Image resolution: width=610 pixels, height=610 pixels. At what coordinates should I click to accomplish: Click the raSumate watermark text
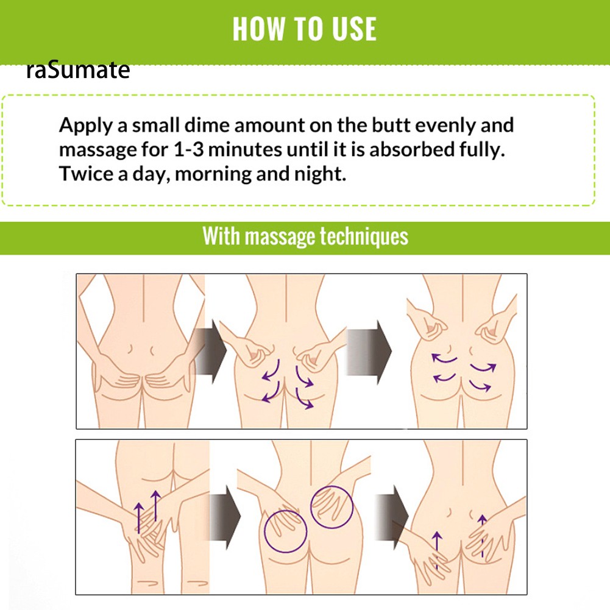tap(78, 70)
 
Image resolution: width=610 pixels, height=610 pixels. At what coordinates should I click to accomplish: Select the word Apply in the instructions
tap(85, 126)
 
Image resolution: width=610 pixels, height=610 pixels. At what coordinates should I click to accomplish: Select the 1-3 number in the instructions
tap(188, 149)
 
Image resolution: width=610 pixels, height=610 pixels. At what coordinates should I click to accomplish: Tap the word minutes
tap(245, 149)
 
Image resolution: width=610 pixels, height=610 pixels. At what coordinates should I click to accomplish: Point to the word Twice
tap(85, 174)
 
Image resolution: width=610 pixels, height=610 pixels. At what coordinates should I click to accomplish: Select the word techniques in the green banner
tap(364, 236)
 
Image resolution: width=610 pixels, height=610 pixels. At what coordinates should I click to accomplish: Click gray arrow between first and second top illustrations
tap(210, 351)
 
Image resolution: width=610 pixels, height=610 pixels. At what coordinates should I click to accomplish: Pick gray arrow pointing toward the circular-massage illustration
tap(225, 517)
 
